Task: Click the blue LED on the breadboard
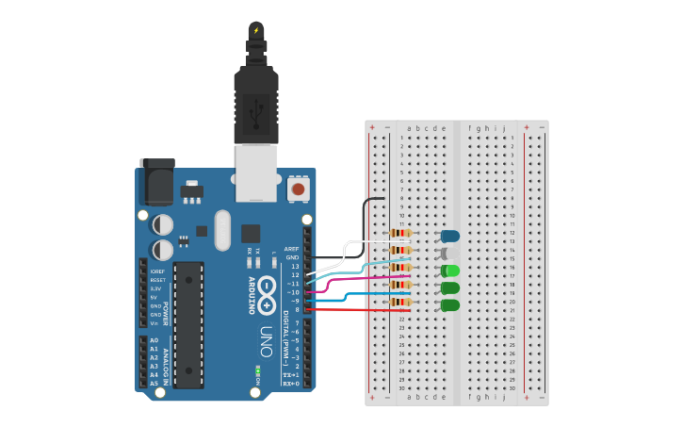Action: pos(450,236)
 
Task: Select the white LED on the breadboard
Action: pos(450,253)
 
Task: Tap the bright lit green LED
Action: pos(450,271)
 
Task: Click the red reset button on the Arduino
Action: pos(299,189)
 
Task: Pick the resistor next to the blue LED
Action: pos(400,234)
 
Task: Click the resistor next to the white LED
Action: pos(400,251)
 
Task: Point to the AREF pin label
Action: pos(291,249)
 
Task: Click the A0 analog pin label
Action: pos(154,340)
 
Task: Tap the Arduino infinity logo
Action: pos(268,289)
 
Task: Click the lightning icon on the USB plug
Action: pos(255,30)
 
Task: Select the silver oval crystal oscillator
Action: pos(222,228)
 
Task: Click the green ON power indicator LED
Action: pos(257,370)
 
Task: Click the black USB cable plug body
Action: pos(255,104)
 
